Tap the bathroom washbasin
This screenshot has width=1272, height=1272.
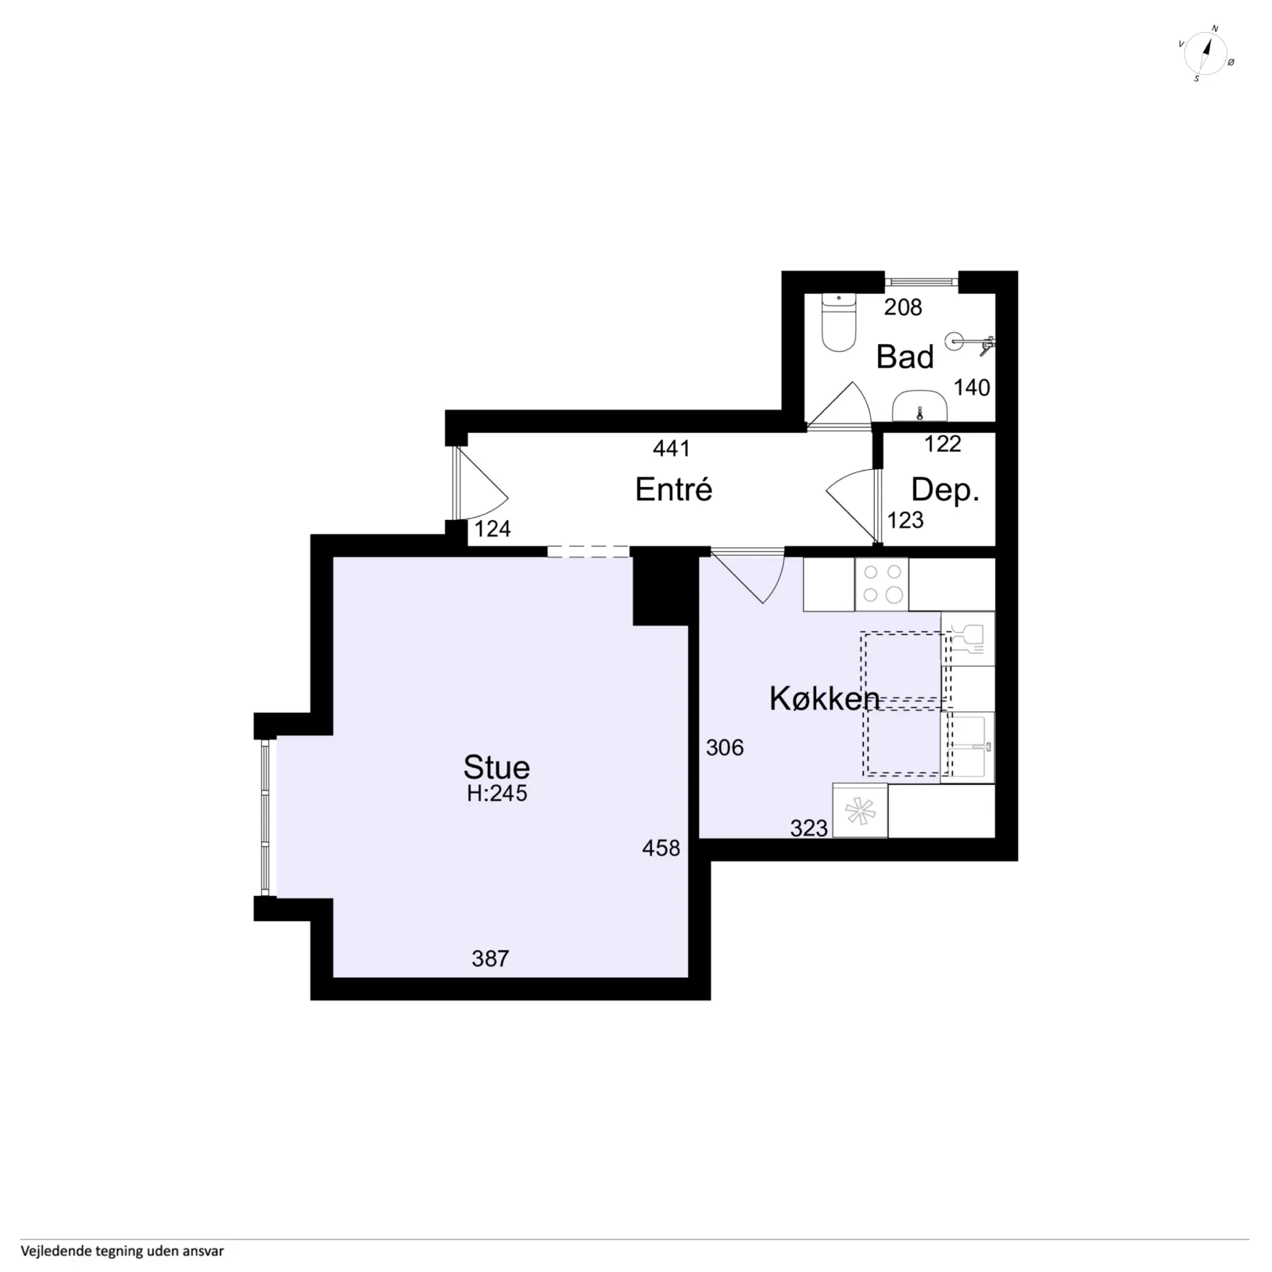click(920, 407)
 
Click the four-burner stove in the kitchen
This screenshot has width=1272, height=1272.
click(882, 584)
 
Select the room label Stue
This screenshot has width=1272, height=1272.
click(496, 767)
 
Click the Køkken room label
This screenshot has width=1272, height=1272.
click(824, 699)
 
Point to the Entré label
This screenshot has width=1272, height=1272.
click(673, 489)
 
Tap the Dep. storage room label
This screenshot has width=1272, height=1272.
click(944, 490)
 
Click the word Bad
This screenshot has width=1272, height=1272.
click(905, 357)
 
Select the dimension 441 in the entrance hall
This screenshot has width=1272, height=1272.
click(672, 449)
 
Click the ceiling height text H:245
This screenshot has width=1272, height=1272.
click(497, 794)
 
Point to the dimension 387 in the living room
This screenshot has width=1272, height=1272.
click(490, 958)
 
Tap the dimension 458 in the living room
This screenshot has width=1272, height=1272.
click(661, 848)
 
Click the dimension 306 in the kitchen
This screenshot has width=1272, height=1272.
click(724, 748)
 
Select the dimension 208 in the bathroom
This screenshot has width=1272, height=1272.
click(903, 307)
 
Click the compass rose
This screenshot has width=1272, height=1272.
click(1205, 54)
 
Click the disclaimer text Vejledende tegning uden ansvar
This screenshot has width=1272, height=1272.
click(122, 1251)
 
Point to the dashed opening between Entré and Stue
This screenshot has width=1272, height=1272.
click(588, 552)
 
